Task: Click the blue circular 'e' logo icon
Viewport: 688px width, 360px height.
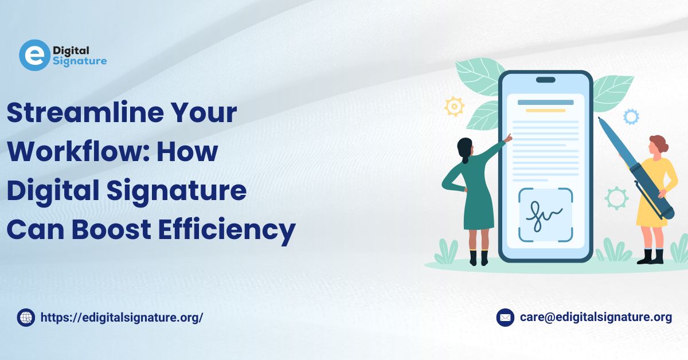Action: [34, 55]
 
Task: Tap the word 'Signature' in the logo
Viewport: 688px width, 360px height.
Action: [80, 61]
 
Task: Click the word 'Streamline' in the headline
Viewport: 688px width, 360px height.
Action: [85, 112]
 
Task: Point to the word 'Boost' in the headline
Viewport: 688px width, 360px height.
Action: [111, 229]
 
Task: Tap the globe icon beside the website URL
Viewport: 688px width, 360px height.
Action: [26, 318]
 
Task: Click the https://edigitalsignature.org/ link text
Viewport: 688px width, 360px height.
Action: [122, 318]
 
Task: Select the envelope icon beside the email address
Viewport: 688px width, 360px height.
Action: [505, 318]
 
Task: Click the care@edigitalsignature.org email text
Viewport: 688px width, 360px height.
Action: [596, 318]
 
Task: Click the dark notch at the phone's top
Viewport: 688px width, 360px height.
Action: [546, 80]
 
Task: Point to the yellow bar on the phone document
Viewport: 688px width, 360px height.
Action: [546, 111]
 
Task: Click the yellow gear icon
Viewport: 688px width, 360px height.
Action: [454, 107]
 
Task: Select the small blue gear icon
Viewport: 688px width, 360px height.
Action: [631, 117]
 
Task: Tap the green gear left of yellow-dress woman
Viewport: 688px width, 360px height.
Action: [616, 198]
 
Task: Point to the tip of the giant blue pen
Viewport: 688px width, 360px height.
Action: [599, 118]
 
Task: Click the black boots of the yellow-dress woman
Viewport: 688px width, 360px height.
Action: [651, 256]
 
